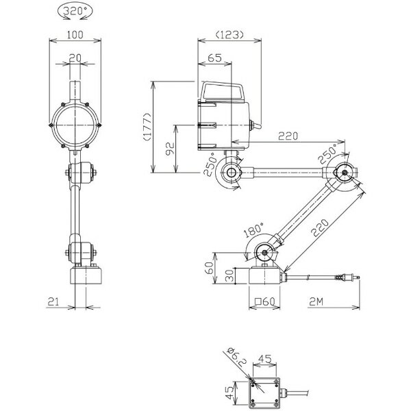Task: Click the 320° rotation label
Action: tap(75, 11)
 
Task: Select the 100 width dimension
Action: tap(75, 35)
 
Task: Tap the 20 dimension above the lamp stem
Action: tap(75, 58)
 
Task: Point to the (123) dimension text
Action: tap(229, 34)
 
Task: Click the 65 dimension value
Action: tap(214, 58)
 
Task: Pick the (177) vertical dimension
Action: tap(147, 127)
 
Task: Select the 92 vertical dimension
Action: tap(170, 149)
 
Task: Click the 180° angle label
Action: tap(253, 229)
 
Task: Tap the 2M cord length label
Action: tap(316, 302)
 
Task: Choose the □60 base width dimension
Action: tap(264, 301)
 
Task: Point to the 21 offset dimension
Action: tap(53, 301)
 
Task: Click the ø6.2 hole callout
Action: tap(238, 356)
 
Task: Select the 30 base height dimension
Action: tap(229, 276)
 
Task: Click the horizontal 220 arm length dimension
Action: tap(288, 136)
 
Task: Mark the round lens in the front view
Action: tap(75, 125)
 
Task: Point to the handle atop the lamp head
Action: tap(222, 92)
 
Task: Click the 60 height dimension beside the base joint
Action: tap(209, 268)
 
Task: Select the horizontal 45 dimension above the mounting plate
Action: tap(265, 358)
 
